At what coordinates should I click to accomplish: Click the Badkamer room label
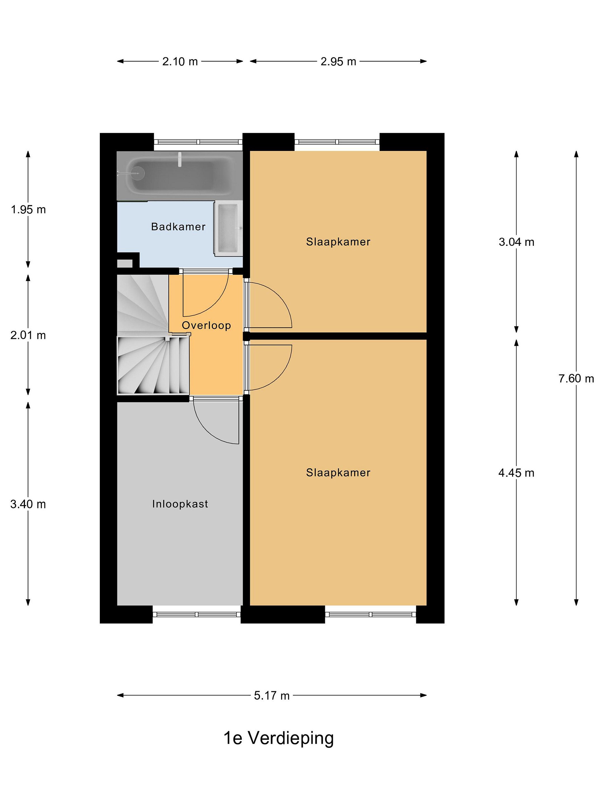tap(178, 227)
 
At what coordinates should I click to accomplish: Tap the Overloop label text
tap(206, 325)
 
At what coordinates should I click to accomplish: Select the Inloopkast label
tap(180, 504)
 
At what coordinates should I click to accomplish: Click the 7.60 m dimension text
tap(576, 378)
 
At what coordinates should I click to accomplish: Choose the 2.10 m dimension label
tap(180, 61)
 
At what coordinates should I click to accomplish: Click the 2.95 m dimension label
tap(338, 61)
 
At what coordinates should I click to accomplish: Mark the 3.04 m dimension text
tap(516, 242)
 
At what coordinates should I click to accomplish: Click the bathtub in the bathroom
tap(180, 176)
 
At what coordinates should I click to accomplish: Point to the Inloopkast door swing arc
tap(209, 431)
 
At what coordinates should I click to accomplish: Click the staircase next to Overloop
tap(153, 335)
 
